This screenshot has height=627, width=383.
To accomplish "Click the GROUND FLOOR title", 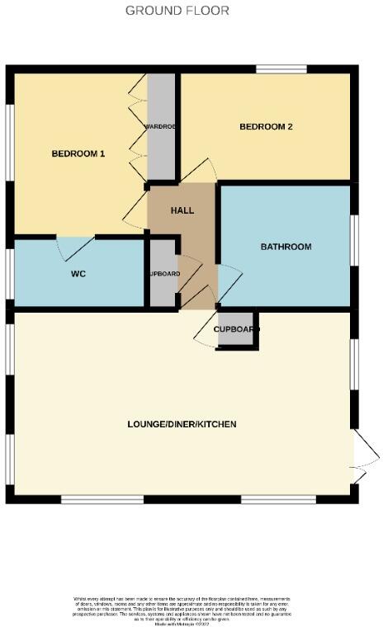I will tap(177, 11).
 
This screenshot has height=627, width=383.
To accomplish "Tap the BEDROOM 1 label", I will tap(78, 153).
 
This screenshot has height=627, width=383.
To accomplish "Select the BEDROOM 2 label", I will tap(267, 127).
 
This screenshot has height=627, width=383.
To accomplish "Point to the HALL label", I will tap(182, 210).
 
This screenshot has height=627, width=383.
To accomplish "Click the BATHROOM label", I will tap(286, 247).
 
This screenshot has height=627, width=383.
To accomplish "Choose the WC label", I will tap(79, 273).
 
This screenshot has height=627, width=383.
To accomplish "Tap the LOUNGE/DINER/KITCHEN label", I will tap(182, 424).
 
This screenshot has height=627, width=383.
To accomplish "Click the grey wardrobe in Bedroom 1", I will tap(161, 128).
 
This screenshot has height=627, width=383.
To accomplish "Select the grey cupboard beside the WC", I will tap(163, 274).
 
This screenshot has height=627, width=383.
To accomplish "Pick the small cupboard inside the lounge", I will tap(237, 329).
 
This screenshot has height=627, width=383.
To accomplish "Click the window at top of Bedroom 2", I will tap(281, 69).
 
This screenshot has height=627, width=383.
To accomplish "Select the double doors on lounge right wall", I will tap(365, 455).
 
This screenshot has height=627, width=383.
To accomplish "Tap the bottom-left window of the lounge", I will tap(102, 498).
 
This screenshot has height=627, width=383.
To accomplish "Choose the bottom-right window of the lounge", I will tap(278, 498).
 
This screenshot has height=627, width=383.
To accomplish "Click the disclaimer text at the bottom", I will tap(182, 607).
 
